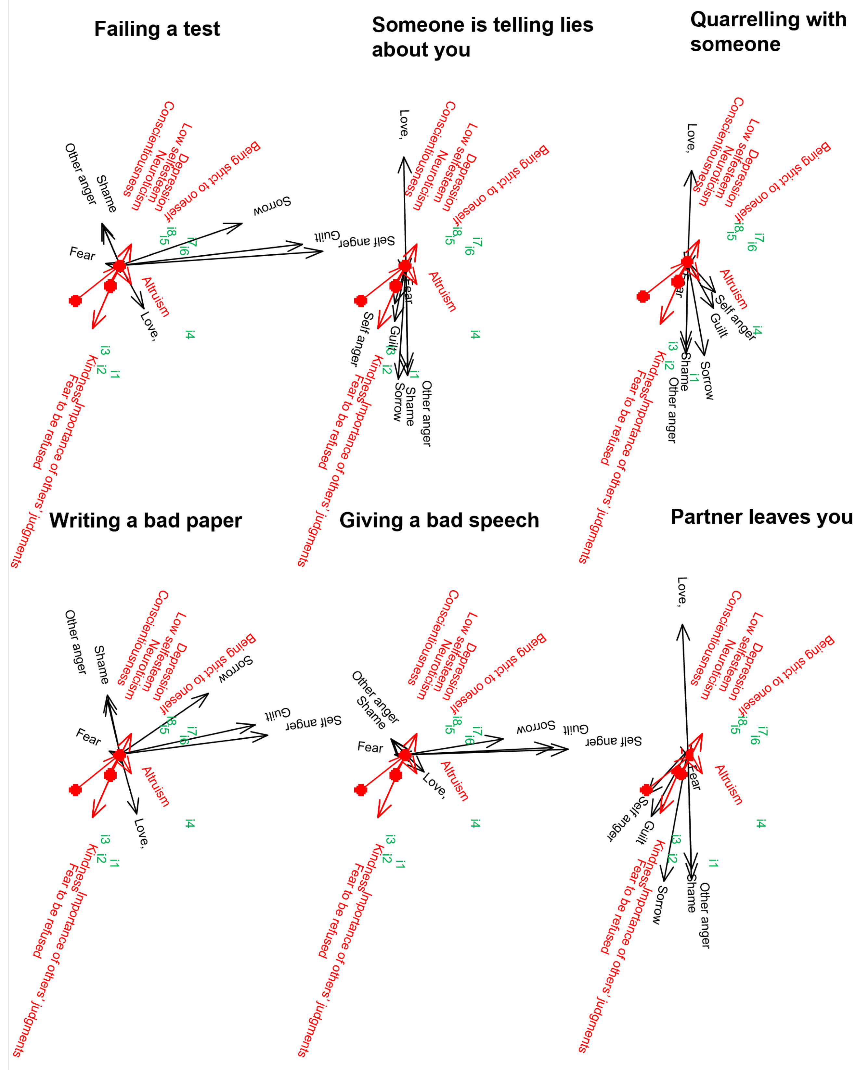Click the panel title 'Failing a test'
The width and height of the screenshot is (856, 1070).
(157, 29)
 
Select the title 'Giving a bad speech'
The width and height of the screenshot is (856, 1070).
(439, 520)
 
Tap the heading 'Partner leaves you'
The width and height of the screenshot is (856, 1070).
(761, 516)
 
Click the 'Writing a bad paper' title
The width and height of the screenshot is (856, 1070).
(146, 520)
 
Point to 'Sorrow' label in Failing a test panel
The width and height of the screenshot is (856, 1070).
(272, 206)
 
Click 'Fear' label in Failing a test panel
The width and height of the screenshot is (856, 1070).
(82, 254)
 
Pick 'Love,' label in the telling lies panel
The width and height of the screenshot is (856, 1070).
(405, 124)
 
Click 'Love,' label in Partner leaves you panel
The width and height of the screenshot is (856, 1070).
(682, 591)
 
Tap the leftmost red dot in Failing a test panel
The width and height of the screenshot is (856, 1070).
(75, 301)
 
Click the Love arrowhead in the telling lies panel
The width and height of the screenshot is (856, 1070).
(404, 160)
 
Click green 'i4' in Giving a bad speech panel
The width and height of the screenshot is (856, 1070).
(475, 823)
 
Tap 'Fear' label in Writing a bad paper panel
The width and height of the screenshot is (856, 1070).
(88, 736)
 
